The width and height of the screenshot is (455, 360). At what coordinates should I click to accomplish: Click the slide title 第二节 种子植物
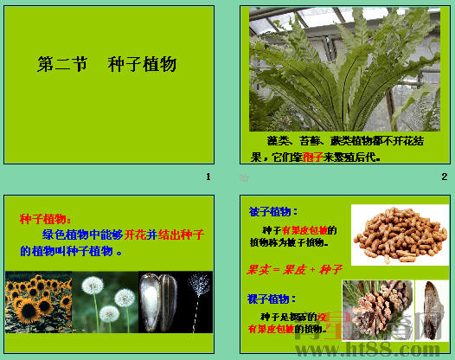point(107,65)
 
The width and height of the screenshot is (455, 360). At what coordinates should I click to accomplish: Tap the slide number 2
point(444,177)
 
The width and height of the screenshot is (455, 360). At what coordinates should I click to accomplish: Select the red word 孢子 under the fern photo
point(312,158)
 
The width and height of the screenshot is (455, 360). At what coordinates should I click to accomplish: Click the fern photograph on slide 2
point(344,67)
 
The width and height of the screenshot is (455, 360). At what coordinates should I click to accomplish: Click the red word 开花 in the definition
point(134,235)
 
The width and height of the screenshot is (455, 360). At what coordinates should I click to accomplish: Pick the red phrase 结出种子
point(182,235)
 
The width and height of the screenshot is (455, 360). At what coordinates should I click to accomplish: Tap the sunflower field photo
point(37,302)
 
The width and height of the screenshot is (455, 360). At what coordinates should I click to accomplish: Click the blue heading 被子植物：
point(273,211)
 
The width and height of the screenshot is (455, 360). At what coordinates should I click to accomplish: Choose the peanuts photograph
point(400,235)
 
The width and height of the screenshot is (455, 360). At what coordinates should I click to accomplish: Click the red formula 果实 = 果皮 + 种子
point(295,269)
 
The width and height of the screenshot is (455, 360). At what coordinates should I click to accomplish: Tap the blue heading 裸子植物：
point(273,299)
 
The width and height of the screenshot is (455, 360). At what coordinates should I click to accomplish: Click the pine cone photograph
point(376,308)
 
